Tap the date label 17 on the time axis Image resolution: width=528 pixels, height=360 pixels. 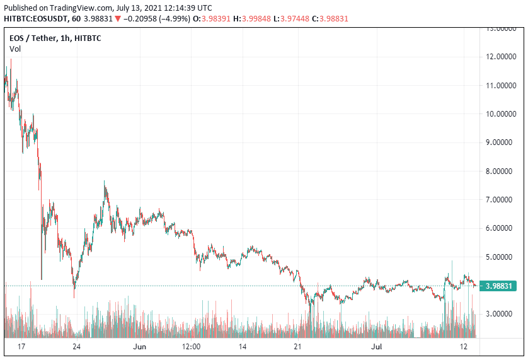point(22,347)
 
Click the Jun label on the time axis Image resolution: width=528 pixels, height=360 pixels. point(139,347)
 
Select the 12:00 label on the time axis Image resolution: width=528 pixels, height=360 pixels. point(191,347)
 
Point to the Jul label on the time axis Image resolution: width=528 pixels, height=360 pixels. point(377,347)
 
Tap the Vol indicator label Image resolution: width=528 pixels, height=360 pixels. point(15,49)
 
